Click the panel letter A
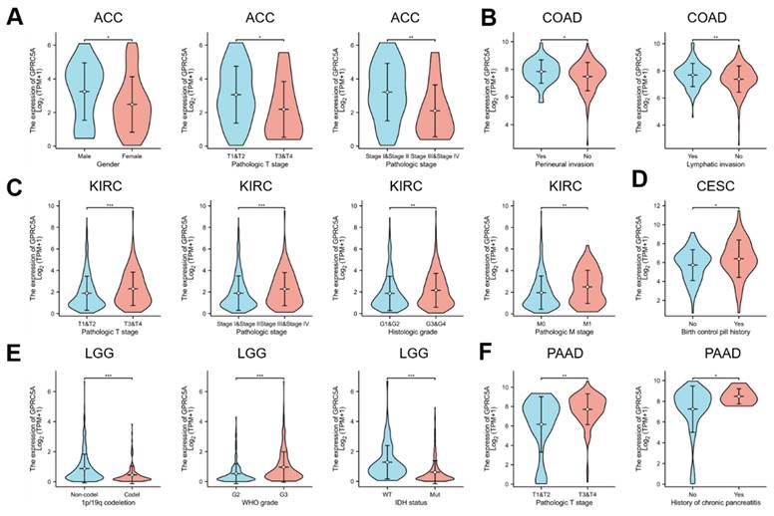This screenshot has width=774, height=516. tap(13, 19)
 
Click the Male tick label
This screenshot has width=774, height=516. tap(83, 155)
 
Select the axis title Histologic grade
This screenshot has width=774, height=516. tap(411, 331)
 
